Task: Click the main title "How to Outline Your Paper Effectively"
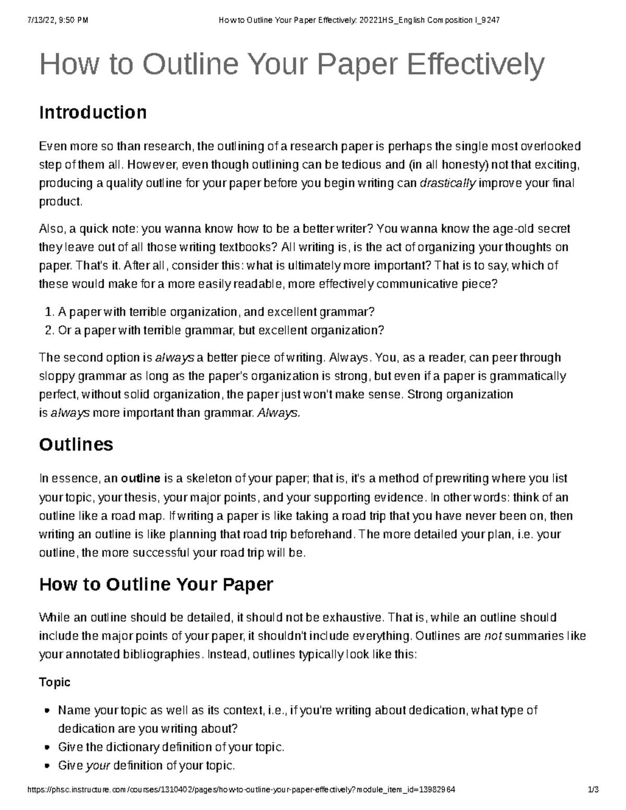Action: (x=292, y=65)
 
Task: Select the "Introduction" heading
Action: (x=93, y=113)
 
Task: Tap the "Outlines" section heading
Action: (x=76, y=444)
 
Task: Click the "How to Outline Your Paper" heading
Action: (x=156, y=584)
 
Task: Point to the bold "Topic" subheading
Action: (x=55, y=682)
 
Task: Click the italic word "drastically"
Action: (x=448, y=184)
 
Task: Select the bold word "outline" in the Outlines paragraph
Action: (x=140, y=478)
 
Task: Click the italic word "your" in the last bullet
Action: (x=97, y=766)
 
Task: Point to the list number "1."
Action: (x=50, y=312)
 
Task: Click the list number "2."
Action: (x=50, y=330)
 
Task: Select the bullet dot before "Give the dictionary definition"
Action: (x=48, y=747)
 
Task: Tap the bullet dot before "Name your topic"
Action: (x=48, y=710)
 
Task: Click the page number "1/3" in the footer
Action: (x=593, y=790)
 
